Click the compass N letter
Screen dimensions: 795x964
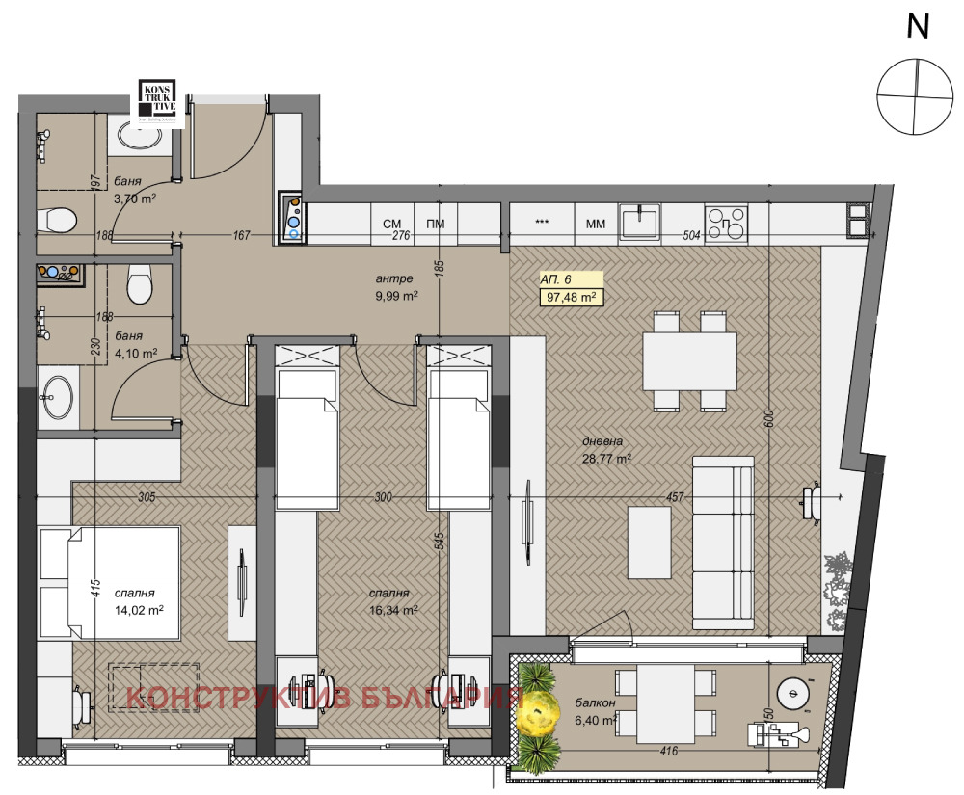coord(918,27)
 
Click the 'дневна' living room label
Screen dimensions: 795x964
coord(602,442)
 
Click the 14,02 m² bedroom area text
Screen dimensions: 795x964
coord(138,610)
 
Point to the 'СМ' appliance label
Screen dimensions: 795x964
coord(392,225)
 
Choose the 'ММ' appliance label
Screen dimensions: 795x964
coord(596,225)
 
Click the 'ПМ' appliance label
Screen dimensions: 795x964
coord(436,225)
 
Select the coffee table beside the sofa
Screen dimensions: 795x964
coord(649,543)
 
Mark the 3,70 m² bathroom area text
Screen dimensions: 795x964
coord(135,198)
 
